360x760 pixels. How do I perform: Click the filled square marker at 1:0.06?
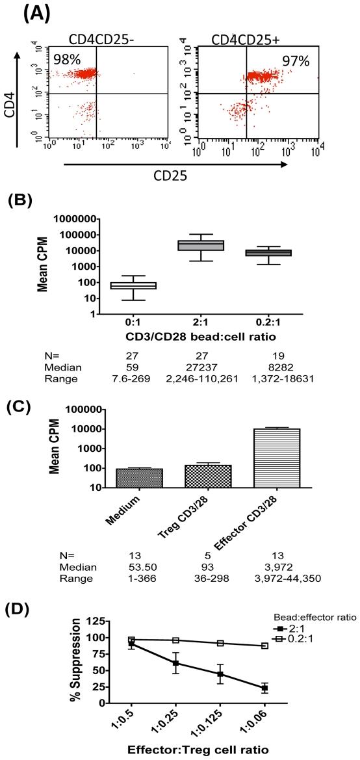click(x=264, y=688)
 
